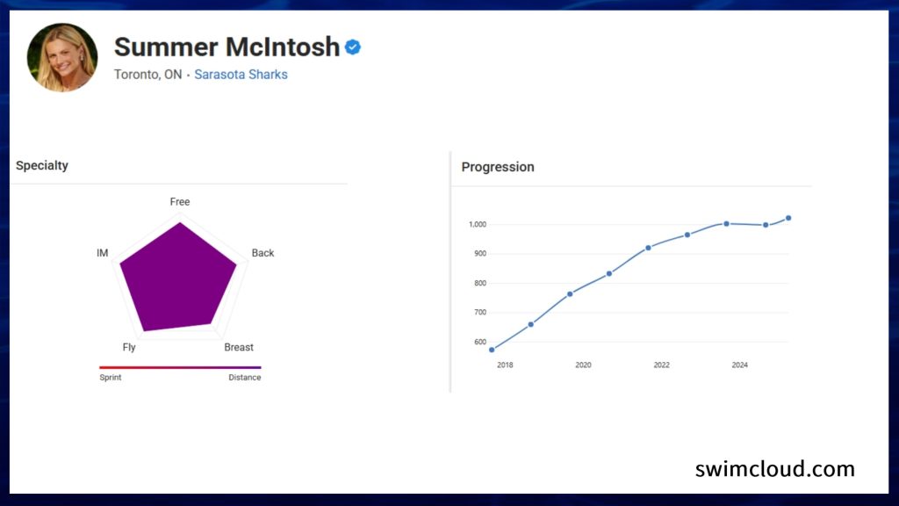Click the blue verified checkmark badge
[353, 47]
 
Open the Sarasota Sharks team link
[241, 75]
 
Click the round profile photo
[62, 57]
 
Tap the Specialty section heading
[42, 165]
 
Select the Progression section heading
[498, 167]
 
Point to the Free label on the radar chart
[179, 202]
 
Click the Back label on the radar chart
[263, 253]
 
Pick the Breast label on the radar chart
[239, 347]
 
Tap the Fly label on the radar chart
[129, 347]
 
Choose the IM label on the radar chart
[102, 253]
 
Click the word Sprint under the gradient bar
[110, 378]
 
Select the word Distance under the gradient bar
[245, 378]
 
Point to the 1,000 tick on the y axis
[478, 224]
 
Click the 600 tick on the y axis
[480, 342]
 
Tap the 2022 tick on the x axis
[662, 365]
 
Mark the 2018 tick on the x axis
[505, 365]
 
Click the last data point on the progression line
[788, 218]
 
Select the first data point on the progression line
[492, 350]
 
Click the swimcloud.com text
[775, 469]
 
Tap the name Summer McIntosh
[227, 47]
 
